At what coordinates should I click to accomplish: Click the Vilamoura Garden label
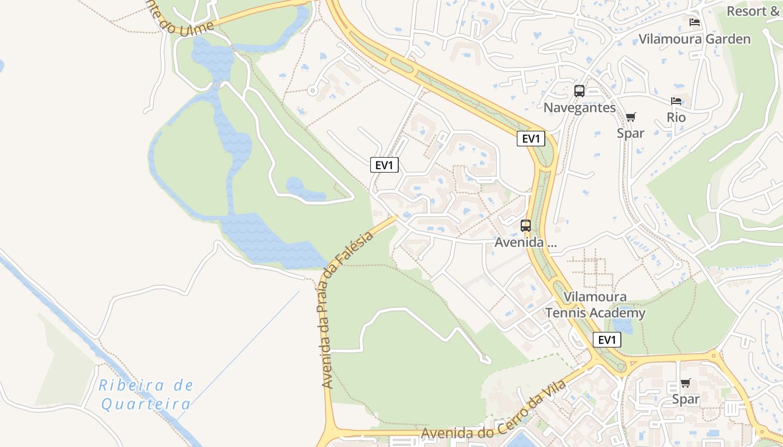tap(695, 39)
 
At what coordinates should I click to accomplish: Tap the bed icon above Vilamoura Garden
tap(695, 22)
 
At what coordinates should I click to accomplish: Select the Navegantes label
tap(579, 108)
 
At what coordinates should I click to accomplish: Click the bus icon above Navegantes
tap(579, 91)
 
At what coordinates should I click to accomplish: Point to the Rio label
tap(676, 117)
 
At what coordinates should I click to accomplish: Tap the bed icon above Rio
tap(676, 101)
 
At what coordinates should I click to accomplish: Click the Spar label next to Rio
tap(630, 133)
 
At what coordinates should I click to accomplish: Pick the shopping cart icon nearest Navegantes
tap(630, 117)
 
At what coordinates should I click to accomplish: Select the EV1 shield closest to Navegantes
tap(531, 139)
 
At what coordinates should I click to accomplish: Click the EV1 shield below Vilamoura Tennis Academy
tap(607, 340)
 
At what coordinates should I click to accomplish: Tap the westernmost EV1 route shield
tap(384, 165)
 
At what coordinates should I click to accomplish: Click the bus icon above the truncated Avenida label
tap(526, 226)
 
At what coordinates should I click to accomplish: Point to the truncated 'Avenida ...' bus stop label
tap(526, 242)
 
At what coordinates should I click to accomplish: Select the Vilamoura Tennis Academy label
tap(595, 305)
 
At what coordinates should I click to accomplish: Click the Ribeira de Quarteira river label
tap(146, 394)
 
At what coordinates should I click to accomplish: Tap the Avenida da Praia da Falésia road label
tap(347, 311)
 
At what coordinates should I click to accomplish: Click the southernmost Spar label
tap(686, 399)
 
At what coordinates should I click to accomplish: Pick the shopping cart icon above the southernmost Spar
tap(686, 383)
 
